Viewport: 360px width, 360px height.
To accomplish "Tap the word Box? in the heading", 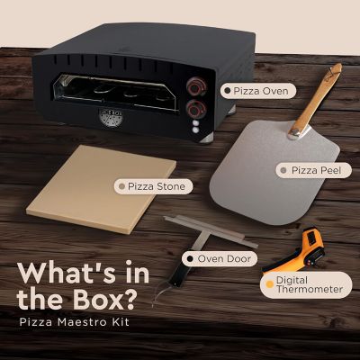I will (107, 302).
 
